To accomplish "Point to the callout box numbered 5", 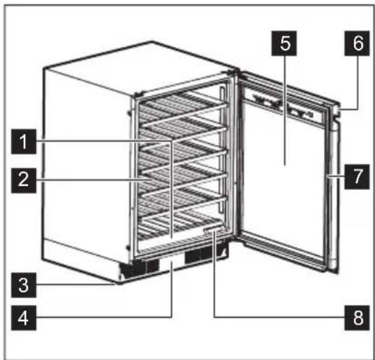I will (284, 45).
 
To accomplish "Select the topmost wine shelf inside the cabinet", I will (180, 109).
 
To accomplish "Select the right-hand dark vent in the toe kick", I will (204, 255).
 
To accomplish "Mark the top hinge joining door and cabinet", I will (235, 73).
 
